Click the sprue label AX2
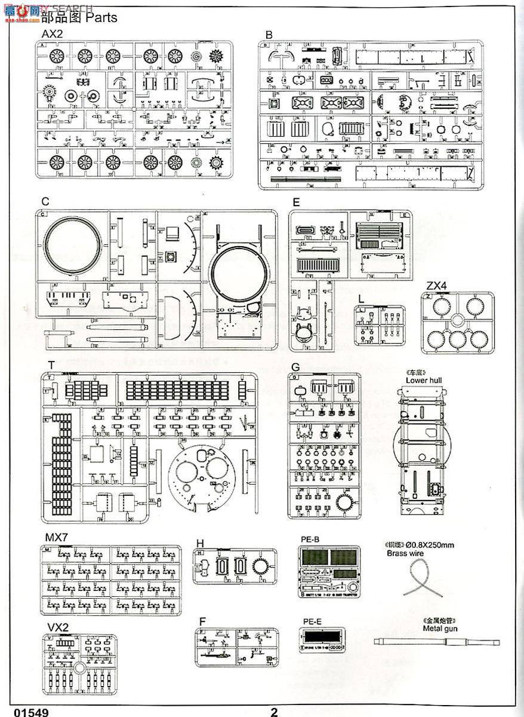[51, 35]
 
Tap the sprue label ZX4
[437, 286]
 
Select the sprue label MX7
[56, 536]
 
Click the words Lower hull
[423, 379]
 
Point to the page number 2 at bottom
[274, 712]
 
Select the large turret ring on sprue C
[72, 246]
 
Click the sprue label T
[52, 365]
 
